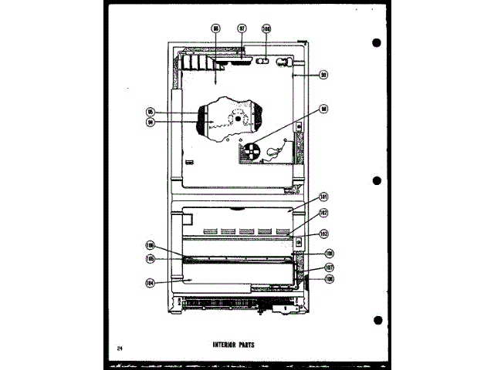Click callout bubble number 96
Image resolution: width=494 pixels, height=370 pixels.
pos(216,29)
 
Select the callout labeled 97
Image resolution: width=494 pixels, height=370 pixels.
pos(242,29)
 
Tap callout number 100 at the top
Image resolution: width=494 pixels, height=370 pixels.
pos(266,29)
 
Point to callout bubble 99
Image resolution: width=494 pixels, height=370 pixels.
pos(324,75)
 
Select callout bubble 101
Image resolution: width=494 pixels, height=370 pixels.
pos(324,197)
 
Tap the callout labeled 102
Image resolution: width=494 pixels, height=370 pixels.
pos(324,213)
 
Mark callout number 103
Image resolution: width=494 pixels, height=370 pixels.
pos(324,233)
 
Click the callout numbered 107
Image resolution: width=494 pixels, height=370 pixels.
pos(329,267)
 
